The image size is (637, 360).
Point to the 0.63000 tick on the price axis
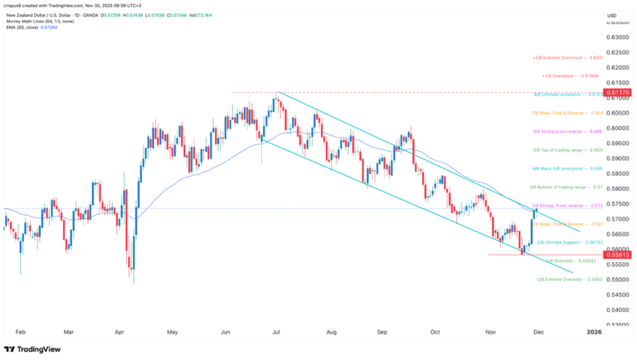pos(616,36)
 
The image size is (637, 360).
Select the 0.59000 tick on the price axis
pos(616,158)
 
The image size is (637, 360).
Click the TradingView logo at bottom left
pos(34,349)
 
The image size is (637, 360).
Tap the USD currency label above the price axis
pos(611,16)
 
